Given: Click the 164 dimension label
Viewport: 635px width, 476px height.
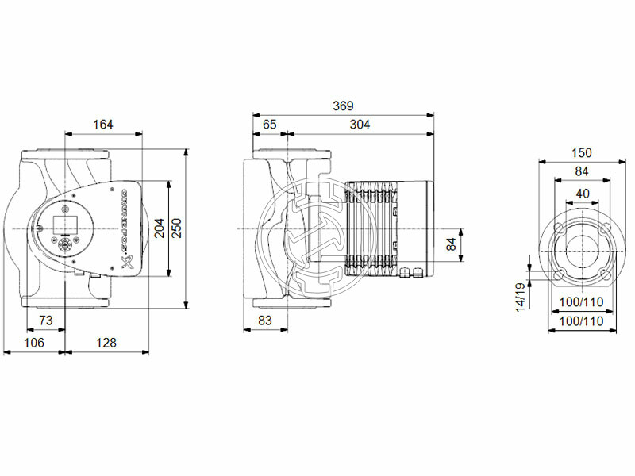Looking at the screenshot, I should (103, 124).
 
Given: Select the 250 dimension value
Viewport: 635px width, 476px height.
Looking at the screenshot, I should (177, 228).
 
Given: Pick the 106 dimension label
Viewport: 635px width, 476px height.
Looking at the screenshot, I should (33, 343).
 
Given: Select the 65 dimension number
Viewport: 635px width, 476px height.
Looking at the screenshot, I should (270, 124).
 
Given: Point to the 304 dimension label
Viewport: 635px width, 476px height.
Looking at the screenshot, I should (360, 124).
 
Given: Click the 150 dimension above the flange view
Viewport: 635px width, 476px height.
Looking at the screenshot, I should (583, 152).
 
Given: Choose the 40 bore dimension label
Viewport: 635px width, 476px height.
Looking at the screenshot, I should (583, 194).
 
